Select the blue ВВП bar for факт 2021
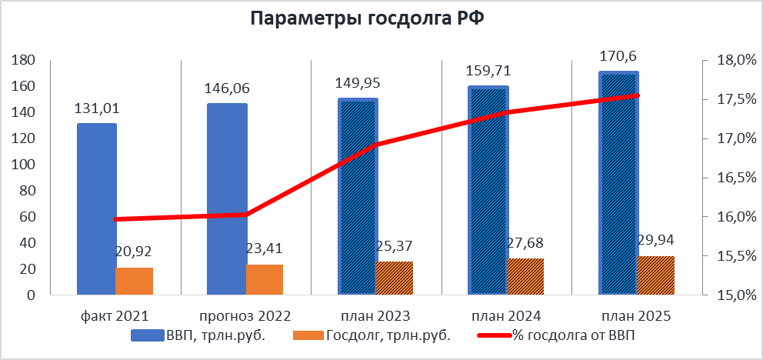[x=96, y=208]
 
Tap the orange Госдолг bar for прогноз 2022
[x=265, y=279]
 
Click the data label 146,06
[x=227, y=88]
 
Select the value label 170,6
[x=618, y=56]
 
